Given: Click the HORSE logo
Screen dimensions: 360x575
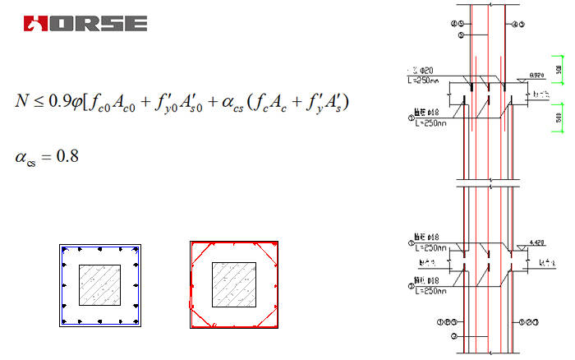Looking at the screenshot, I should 85,23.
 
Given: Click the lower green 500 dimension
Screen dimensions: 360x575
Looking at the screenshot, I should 559,118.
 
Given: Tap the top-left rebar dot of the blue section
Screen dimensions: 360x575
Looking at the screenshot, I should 64,249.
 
